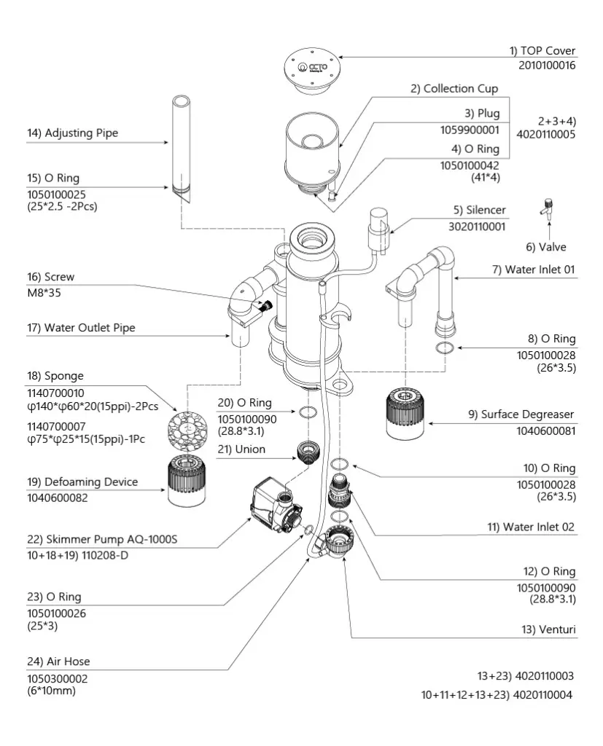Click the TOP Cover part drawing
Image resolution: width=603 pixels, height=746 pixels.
312,71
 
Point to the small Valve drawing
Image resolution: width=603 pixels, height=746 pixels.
548,209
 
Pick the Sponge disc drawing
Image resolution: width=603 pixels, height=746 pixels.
187,430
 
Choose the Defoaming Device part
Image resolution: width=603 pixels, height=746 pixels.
187,481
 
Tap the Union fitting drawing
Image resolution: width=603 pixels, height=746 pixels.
308,452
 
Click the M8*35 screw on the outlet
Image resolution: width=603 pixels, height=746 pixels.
266,305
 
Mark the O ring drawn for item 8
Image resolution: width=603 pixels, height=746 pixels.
444,348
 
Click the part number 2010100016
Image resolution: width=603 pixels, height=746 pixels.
547,65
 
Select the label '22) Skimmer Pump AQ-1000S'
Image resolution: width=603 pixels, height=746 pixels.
102,539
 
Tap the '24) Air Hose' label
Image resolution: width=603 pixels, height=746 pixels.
58,661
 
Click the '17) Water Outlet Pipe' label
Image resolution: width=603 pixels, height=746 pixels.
81,327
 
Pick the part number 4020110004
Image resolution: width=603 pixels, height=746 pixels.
542,694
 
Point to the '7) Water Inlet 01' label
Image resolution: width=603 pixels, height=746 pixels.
534,270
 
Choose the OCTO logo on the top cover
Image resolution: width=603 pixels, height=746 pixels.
313,67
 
